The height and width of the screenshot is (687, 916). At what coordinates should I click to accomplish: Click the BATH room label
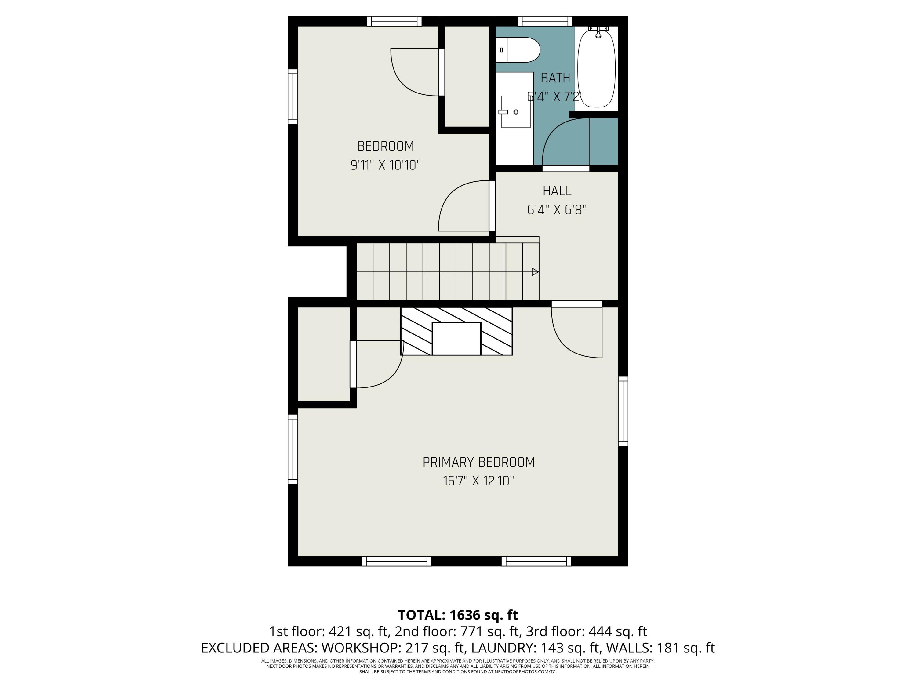coord(555,78)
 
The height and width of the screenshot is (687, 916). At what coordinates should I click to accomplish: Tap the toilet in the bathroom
coord(518,50)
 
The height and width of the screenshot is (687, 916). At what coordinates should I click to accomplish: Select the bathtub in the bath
coord(596,68)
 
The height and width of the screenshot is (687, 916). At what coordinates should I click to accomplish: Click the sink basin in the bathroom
coord(516,112)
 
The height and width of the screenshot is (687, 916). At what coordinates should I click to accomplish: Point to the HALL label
coord(557,191)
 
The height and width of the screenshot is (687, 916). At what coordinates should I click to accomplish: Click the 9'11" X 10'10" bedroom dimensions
coord(386,165)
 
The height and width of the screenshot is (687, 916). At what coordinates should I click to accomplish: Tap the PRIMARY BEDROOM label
coord(478,462)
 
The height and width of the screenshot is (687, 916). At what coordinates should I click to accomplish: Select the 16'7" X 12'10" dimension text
coord(478,481)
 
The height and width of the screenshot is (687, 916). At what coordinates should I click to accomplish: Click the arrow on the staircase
coord(535,272)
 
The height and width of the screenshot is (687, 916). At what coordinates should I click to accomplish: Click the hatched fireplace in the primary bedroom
coord(456,331)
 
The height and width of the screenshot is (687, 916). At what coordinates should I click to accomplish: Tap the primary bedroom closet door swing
coord(379,364)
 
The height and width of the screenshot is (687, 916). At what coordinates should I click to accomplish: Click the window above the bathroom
coord(545,21)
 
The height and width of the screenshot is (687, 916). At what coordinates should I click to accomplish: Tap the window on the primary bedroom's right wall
coord(623,411)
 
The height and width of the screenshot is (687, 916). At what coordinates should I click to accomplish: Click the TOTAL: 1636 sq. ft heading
coord(458,615)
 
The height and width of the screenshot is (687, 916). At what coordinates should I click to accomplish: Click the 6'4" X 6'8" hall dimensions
coord(557,210)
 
